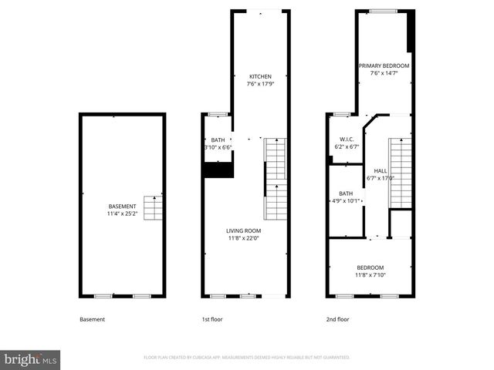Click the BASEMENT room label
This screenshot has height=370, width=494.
tap(122, 207)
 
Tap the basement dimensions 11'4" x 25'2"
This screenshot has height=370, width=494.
tap(122, 214)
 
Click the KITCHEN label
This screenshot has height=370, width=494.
tap(260, 76)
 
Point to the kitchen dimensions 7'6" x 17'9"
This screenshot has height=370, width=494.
tap(260, 84)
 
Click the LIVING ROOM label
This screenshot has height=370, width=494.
tap(243, 230)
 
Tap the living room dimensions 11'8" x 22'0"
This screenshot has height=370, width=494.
tap(243, 238)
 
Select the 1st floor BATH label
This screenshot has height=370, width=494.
tap(218, 140)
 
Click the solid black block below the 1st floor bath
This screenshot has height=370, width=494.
tap(218, 170)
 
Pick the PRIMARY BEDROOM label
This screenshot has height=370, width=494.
tap(384, 66)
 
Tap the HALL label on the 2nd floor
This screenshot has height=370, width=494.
tap(381, 170)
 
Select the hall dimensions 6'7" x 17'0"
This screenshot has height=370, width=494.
tap(381, 178)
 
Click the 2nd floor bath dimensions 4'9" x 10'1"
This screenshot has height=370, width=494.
tap(345, 201)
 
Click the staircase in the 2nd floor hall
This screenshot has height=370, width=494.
tap(400, 173)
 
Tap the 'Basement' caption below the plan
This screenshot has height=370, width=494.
tap(92, 319)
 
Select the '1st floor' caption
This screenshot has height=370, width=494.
tap(211, 319)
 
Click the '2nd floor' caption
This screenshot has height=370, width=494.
tap(337, 319)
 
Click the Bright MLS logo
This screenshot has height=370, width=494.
tap(31, 358)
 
